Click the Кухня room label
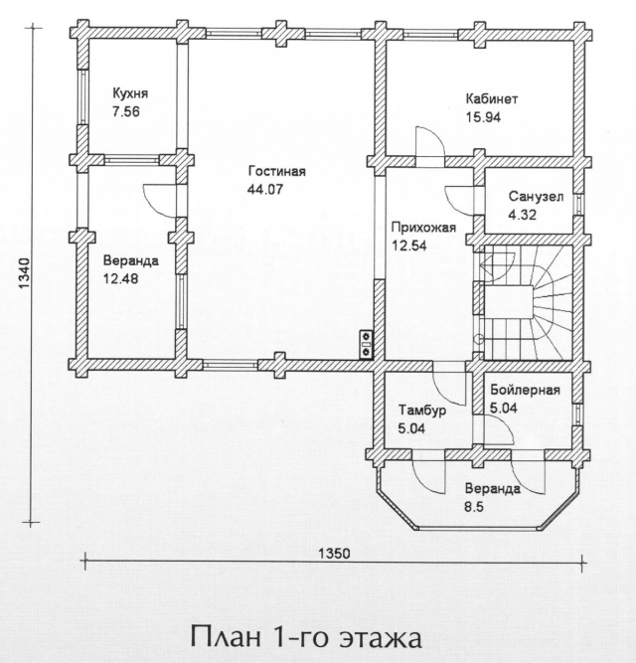[130, 93]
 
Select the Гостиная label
[277, 171]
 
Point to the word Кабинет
[492, 99]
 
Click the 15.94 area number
[483, 117]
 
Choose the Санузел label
[536, 197]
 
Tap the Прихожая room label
[423, 228]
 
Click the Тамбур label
[422, 411]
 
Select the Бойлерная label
[526, 390]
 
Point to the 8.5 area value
[474, 507]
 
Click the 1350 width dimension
[334, 554]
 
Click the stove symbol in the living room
[366, 344]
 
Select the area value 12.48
[120, 279]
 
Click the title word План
[226, 636]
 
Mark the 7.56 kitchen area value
[125, 111]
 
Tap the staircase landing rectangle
[509, 300]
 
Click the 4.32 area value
[522, 215]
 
